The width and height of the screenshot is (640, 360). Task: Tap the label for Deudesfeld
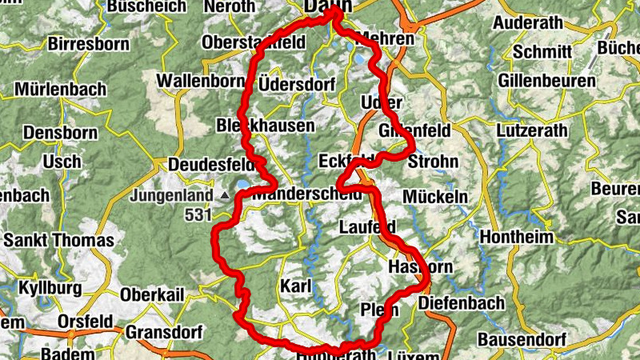(209, 165)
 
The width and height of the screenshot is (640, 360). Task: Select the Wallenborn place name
(201, 81)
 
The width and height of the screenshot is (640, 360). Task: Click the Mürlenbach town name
(59, 89)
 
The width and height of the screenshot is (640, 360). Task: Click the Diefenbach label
(462, 303)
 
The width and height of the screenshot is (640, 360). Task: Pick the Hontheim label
(517, 238)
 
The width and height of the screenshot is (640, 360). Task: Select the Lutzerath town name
(532, 130)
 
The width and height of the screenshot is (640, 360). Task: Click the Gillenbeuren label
(546, 81)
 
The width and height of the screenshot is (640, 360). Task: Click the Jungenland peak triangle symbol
(226, 195)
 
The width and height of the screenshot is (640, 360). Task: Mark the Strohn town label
(433, 162)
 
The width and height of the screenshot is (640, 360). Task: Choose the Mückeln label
(435, 196)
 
